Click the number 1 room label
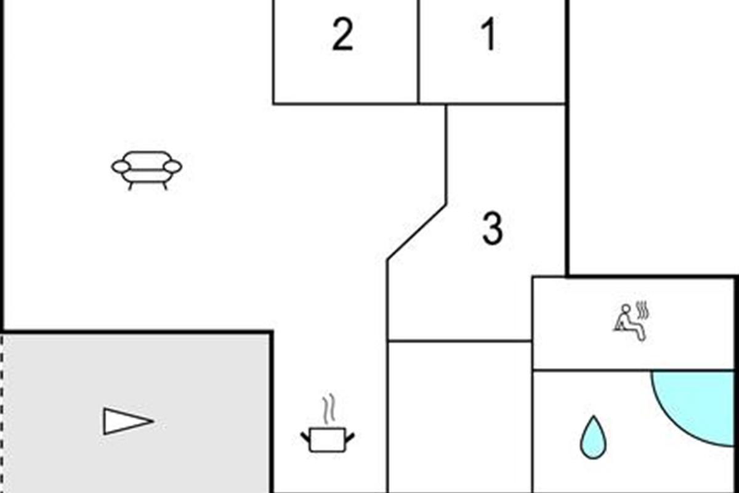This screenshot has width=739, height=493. (x=488, y=35)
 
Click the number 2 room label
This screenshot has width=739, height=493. (x=342, y=35)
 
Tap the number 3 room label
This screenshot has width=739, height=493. (x=492, y=229)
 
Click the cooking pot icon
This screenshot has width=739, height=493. (x=328, y=439)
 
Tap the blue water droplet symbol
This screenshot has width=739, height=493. (x=593, y=437)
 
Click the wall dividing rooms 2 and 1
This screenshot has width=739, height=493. (x=418, y=52)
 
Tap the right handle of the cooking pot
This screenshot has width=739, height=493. (x=350, y=438)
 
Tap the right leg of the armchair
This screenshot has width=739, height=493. (x=164, y=185)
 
